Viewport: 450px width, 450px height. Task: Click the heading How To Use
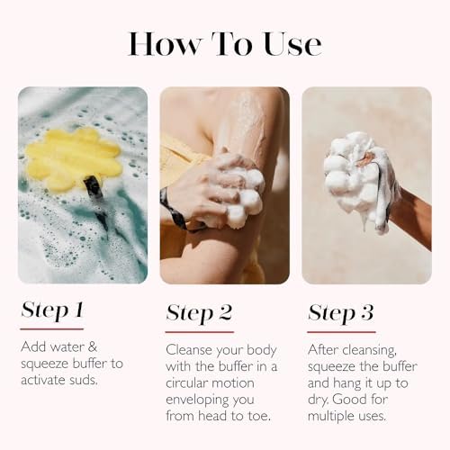click(224, 43)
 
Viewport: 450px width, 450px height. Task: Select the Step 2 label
click(199, 312)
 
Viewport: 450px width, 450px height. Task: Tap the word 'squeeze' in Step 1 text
click(45, 364)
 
